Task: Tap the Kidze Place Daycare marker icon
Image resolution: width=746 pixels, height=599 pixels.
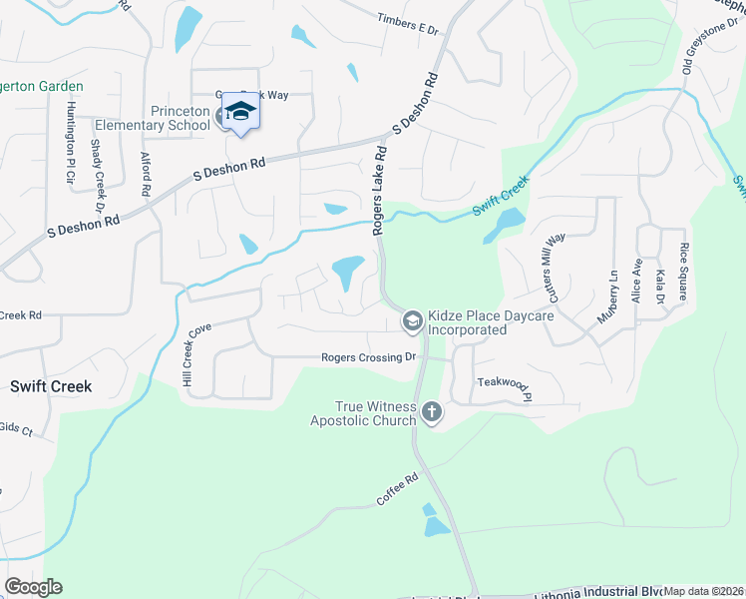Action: [411, 320]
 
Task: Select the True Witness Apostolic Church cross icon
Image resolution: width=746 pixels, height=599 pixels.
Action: [432, 410]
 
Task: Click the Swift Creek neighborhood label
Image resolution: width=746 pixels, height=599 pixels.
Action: [51, 385]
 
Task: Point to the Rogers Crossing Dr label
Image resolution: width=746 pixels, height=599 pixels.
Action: [368, 357]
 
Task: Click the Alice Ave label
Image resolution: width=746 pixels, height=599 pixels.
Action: [636, 283]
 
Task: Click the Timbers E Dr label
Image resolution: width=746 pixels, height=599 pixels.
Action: [408, 24]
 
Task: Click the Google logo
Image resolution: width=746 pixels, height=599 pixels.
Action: [33, 587]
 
